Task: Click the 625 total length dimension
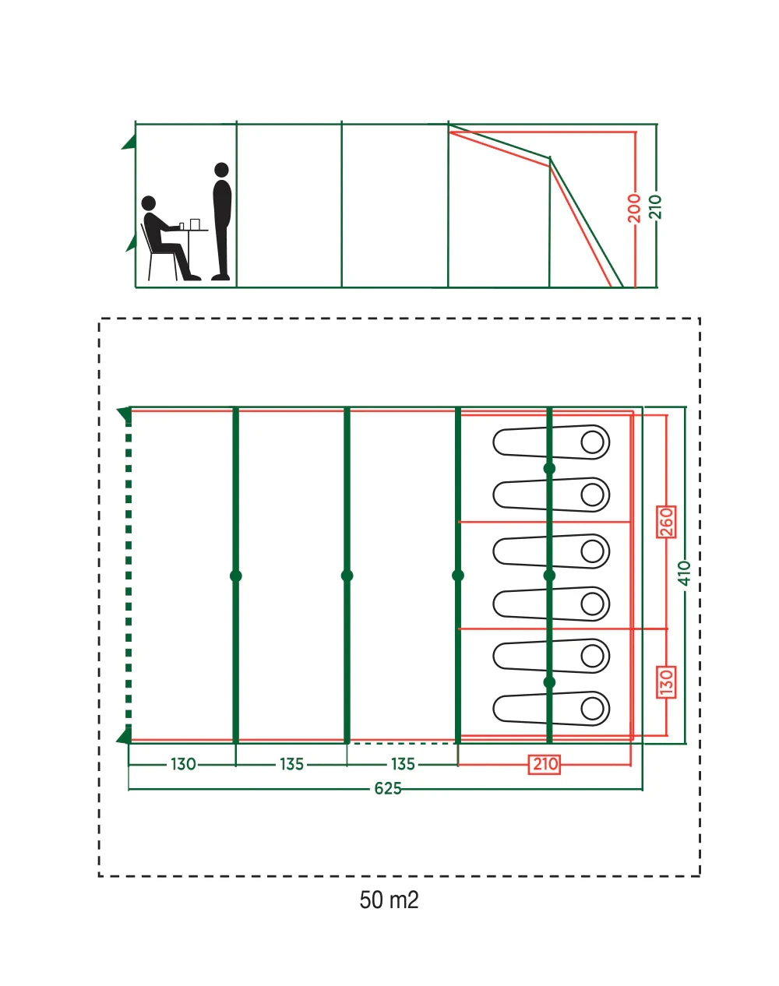pyautogui.click(x=388, y=788)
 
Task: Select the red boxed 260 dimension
pyautogui.click(x=666, y=522)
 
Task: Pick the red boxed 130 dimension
pyautogui.click(x=666, y=682)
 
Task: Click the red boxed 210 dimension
pyautogui.click(x=545, y=764)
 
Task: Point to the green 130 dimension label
pyautogui.click(x=183, y=764)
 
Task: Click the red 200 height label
pyautogui.click(x=634, y=208)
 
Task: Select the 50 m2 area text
pyautogui.click(x=389, y=900)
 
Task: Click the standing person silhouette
pyautogui.click(x=222, y=222)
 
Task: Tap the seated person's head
pyautogui.click(x=150, y=203)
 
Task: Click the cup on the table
pyautogui.click(x=194, y=224)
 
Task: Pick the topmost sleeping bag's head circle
pyautogui.click(x=593, y=442)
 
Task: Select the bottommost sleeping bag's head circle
pyautogui.click(x=593, y=709)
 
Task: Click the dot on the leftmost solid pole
pyautogui.click(x=236, y=576)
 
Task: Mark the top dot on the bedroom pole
pyautogui.click(x=549, y=468)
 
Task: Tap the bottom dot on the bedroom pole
pyautogui.click(x=549, y=682)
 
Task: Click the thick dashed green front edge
pyautogui.click(x=129, y=576)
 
